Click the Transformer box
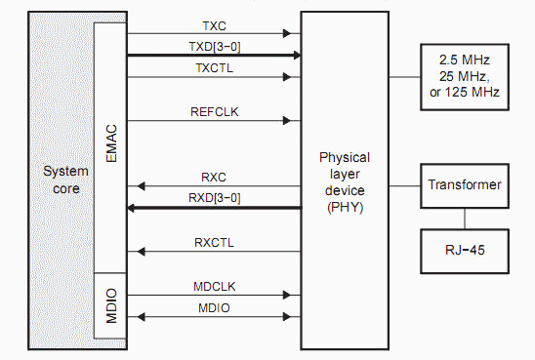point(465,185)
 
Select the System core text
point(66,180)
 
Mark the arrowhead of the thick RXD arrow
point(135,208)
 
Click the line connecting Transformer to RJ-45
point(465,217)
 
